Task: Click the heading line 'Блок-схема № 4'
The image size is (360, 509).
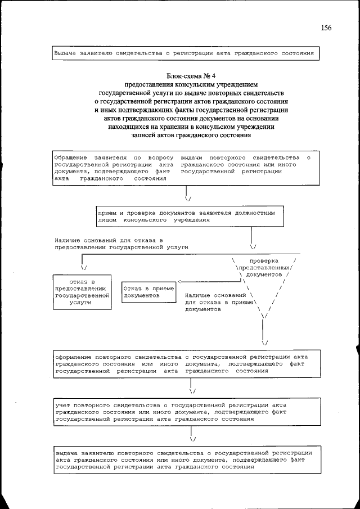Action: (191, 75)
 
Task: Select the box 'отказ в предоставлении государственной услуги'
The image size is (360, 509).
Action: (82, 291)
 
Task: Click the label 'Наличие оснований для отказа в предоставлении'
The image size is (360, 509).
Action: (121, 244)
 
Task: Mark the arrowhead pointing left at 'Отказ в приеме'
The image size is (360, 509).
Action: (180, 282)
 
